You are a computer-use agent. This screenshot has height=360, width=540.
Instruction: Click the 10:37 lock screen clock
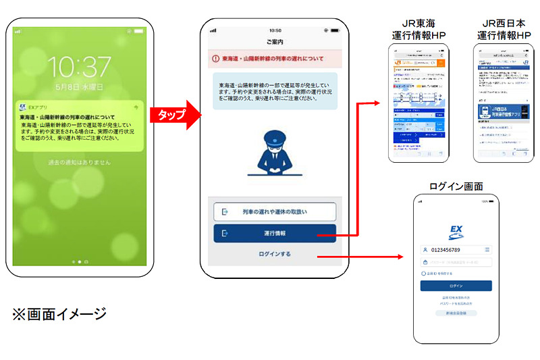[x=79, y=67]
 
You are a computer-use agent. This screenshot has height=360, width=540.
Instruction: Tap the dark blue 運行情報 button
[x=274, y=233]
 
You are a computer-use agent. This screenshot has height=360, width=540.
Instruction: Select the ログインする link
[x=274, y=254]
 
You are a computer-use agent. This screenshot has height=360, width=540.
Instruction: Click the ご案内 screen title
[x=275, y=42]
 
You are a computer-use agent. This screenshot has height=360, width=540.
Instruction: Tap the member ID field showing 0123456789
[x=452, y=250]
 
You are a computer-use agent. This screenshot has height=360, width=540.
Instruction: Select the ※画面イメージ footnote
[x=59, y=313]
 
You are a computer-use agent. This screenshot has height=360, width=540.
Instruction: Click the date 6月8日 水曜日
[x=80, y=87]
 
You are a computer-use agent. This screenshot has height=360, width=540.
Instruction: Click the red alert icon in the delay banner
[x=216, y=59]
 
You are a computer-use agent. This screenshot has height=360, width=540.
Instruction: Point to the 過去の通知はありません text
[x=79, y=163]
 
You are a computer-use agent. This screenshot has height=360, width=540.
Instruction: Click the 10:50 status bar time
[x=275, y=30]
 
